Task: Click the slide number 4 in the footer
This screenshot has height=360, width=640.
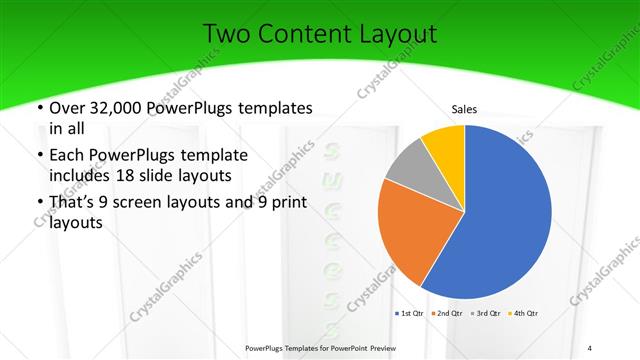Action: (x=591, y=347)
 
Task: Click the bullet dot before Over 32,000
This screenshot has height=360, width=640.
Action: (x=38, y=108)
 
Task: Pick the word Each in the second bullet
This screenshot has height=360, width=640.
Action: (x=69, y=156)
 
